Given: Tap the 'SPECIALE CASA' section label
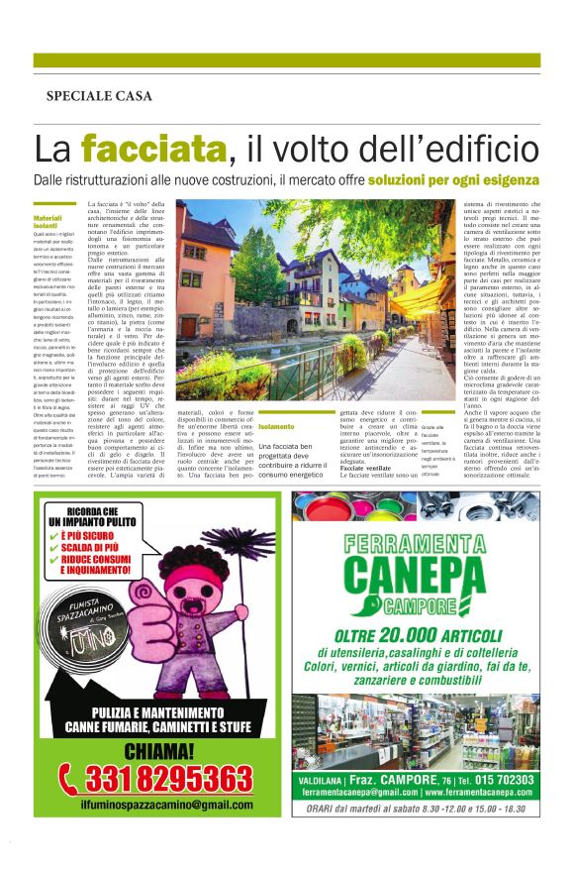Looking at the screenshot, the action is click(x=99, y=96).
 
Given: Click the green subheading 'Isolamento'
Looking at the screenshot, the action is click(x=275, y=427).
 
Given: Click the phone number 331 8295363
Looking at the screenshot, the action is click(x=168, y=774).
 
